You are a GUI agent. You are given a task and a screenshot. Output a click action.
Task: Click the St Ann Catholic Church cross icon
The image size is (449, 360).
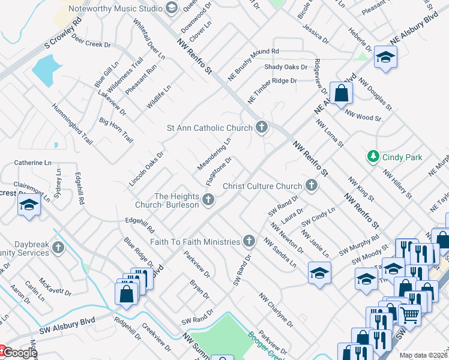click(x=261, y=127)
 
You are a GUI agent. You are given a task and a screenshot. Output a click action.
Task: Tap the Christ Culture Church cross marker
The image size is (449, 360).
click(x=311, y=185)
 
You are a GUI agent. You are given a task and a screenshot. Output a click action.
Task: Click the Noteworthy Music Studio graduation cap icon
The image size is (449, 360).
click(x=172, y=8)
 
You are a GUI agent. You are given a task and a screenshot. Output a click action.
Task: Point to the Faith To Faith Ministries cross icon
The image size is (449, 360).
click(x=249, y=241)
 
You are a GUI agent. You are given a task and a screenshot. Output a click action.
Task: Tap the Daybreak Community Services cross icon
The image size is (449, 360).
click(x=58, y=247)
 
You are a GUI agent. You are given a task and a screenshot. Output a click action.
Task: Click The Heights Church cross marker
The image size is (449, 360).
click(x=208, y=200)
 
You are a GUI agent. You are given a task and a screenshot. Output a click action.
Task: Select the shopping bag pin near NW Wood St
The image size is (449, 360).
click(x=341, y=94)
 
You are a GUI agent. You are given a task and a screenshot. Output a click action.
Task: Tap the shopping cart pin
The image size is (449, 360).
click(x=410, y=313)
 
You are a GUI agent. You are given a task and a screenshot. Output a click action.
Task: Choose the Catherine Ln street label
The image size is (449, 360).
click(x=32, y=163)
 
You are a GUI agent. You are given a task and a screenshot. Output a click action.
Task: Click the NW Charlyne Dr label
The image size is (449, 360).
click(x=276, y=310)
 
